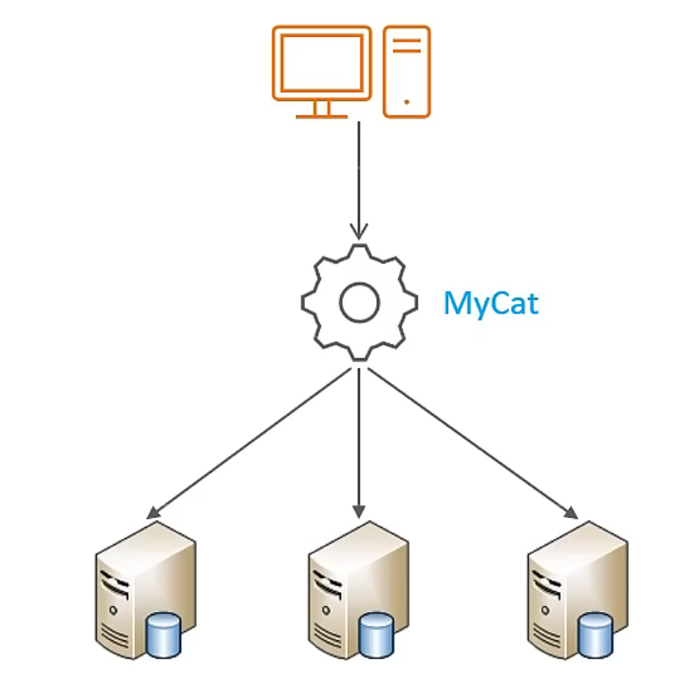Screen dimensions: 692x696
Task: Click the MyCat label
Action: coord(490,303)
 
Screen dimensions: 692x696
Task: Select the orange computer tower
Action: coord(407,71)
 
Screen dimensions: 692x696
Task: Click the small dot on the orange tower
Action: coord(407,102)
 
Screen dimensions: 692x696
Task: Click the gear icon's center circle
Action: coord(359,303)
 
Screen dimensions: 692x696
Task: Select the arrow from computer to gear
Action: coord(359,176)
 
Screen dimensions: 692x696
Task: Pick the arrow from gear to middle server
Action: coord(359,439)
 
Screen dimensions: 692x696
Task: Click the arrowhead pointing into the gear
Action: coord(359,230)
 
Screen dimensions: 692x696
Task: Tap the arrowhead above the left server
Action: coord(155,511)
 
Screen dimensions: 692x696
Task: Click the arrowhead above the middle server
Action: coord(359,509)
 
